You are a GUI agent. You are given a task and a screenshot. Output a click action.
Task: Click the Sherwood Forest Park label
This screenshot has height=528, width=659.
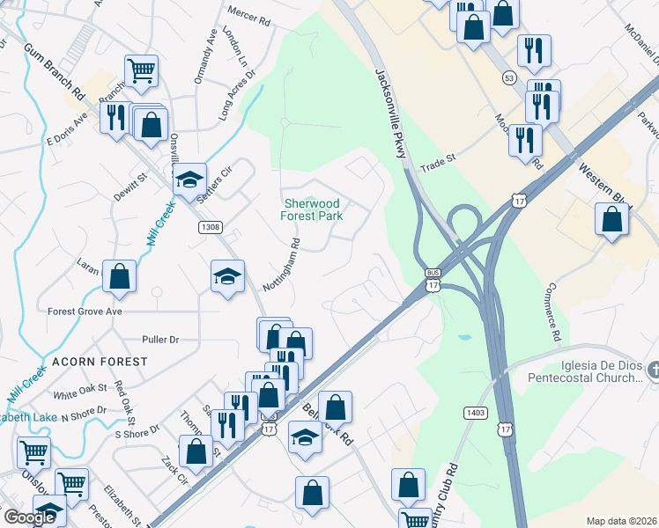[311, 209]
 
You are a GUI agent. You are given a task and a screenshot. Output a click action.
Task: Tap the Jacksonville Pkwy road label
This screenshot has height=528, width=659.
[392, 114]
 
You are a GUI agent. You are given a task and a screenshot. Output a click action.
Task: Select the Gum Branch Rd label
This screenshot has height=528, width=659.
[54, 71]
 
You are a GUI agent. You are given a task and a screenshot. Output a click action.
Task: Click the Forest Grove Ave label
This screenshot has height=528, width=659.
[85, 312]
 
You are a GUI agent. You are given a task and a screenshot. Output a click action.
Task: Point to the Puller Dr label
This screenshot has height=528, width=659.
[160, 339]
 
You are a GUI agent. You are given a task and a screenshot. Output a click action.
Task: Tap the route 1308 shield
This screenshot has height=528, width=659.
[209, 227]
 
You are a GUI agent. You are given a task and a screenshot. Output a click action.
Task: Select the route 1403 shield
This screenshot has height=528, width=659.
[473, 412]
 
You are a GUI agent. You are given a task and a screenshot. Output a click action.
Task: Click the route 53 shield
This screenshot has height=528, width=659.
[509, 78]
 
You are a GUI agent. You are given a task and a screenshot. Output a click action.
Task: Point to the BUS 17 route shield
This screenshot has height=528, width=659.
[432, 279]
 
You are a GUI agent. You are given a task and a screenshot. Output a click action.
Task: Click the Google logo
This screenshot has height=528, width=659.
[30, 517]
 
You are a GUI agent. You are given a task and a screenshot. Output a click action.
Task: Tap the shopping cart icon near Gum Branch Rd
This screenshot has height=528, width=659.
[141, 70]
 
